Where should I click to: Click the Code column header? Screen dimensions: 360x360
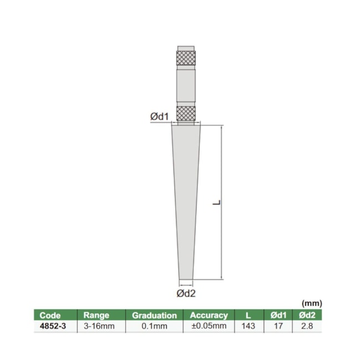coord(50,315)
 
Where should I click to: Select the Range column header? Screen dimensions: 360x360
coord(97,315)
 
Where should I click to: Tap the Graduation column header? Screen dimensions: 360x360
coord(154,315)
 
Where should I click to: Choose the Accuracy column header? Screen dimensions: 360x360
coord(209,315)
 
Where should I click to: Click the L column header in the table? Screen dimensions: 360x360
coord(248,315)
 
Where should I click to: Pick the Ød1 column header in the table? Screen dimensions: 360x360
coord(278,315)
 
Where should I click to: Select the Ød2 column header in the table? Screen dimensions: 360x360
coord(307,315)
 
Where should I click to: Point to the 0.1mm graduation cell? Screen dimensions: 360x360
coord(154,326)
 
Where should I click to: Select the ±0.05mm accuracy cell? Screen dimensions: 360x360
coord(209,326)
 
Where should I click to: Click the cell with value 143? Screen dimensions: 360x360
coord(248,326)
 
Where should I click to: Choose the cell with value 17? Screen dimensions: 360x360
coord(278,326)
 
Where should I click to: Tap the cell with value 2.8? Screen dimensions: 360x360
coord(307,326)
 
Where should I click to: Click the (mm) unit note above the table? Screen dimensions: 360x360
coord(311,304)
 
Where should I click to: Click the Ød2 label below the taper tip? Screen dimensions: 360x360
coord(186,293)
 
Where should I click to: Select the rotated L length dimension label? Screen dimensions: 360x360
coord(217,203)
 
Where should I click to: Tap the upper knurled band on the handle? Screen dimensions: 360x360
coord(186,58)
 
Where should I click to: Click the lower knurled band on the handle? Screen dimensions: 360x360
coord(186,113)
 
